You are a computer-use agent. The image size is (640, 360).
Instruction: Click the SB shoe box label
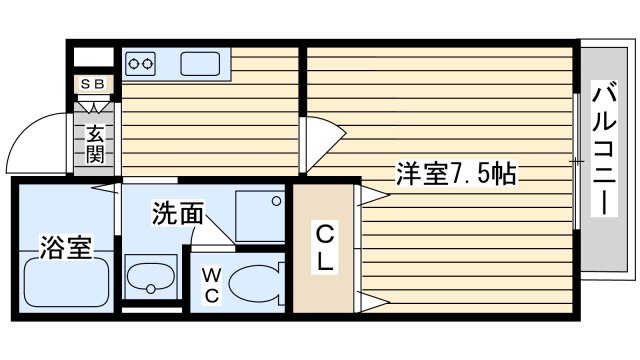[93, 84]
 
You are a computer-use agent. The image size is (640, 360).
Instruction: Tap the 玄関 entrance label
[95, 144]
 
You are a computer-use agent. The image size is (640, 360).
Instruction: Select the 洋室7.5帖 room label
[456, 173]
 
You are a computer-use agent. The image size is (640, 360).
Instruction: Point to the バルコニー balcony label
[604, 148]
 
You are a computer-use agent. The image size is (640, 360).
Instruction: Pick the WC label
[211, 285]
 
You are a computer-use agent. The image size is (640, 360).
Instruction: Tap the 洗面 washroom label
[178, 213]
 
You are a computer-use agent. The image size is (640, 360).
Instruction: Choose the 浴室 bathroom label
[65, 247]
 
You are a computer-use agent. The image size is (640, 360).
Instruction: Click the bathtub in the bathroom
[67, 282]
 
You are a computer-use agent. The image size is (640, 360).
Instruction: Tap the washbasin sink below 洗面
[151, 277]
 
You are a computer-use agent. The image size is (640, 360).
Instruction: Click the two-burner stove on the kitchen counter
[140, 64]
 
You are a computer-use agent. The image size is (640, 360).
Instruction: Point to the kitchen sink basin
[200, 64]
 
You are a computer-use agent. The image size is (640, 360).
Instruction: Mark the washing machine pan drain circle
[276, 201]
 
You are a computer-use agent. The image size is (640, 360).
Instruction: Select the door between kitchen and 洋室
[323, 144]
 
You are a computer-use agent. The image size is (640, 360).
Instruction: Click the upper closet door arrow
[373, 196]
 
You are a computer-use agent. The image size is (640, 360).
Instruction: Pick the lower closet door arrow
[373, 302]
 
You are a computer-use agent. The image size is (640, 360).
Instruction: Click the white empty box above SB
[93, 57]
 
